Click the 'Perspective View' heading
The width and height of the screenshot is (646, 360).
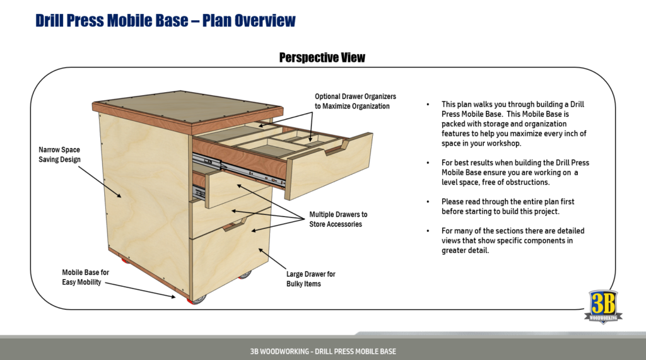[322, 57]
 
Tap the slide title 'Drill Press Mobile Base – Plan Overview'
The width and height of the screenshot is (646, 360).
[165, 20]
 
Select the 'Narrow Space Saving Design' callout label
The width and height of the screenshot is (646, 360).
[59, 154]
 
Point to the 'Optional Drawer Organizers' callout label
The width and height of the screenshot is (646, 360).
[355, 101]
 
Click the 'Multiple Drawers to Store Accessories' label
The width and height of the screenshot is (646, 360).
[338, 219]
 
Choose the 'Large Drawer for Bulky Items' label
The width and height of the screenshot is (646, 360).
[310, 279]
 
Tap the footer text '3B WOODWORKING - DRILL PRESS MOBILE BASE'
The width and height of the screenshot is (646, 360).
[322, 351]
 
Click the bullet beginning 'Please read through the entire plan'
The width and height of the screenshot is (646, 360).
[508, 206]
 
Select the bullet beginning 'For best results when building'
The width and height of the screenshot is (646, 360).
[515, 172]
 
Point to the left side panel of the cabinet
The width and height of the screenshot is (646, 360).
[142, 189]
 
